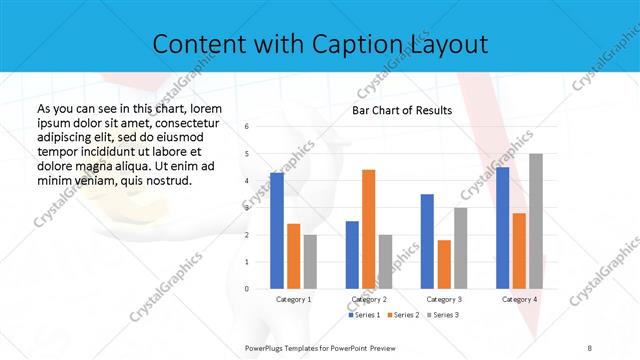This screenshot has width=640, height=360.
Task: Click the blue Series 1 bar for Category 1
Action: (277, 230)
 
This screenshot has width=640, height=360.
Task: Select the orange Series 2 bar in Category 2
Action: (368, 229)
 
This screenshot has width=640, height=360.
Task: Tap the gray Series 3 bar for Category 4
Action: (535, 221)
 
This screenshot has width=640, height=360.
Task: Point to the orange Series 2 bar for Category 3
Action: (444, 264)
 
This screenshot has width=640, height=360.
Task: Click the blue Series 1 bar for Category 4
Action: (502, 228)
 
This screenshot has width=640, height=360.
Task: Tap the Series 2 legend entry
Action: (403, 315)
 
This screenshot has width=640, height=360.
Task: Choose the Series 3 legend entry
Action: (443, 315)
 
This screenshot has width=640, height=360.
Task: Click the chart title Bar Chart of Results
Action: (402, 110)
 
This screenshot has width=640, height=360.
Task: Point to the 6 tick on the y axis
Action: (247, 126)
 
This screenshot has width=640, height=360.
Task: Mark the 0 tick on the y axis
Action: (247, 289)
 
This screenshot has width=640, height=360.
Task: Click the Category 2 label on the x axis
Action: (369, 299)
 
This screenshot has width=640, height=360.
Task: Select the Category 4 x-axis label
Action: (519, 299)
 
